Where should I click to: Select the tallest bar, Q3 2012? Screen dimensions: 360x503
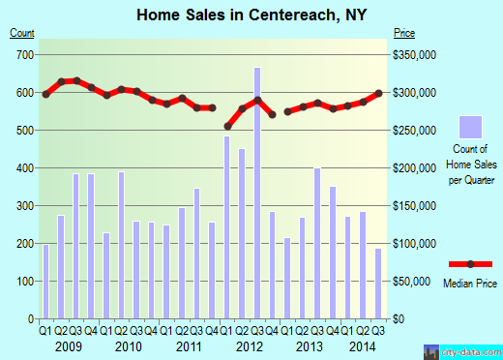tap(257, 193)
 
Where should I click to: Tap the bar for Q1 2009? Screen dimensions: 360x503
tap(45, 281)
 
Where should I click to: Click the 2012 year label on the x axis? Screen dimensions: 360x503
tap(250, 346)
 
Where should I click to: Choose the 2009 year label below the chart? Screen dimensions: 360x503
tap(68, 346)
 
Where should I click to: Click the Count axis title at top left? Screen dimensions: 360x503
tap(21, 33)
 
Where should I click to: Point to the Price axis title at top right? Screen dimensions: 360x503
tap(403, 33)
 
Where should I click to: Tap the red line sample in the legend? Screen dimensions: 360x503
tap(470, 264)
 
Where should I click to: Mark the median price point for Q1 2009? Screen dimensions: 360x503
tap(45, 94)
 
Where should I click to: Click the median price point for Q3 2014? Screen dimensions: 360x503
tap(378, 93)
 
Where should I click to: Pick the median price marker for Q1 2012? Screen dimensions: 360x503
tap(227, 126)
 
